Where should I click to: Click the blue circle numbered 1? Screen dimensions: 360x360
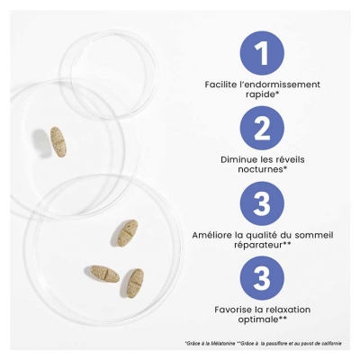[262, 53]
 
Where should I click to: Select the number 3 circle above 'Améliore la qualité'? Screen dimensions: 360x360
[262, 203]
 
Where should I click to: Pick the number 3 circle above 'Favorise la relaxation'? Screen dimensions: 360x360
[262, 278]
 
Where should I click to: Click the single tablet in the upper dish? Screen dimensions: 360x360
[58, 141]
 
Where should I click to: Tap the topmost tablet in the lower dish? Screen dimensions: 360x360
[128, 233]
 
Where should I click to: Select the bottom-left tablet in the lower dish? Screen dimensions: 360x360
[105, 274]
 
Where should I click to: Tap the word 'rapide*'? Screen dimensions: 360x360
[263, 94]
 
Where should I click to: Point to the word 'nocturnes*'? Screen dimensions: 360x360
[263, 169]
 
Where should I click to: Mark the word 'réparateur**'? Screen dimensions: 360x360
[263, 245]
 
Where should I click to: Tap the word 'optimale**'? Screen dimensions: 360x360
[263, 319]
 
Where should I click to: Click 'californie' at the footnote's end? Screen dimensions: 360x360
[334, 344]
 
